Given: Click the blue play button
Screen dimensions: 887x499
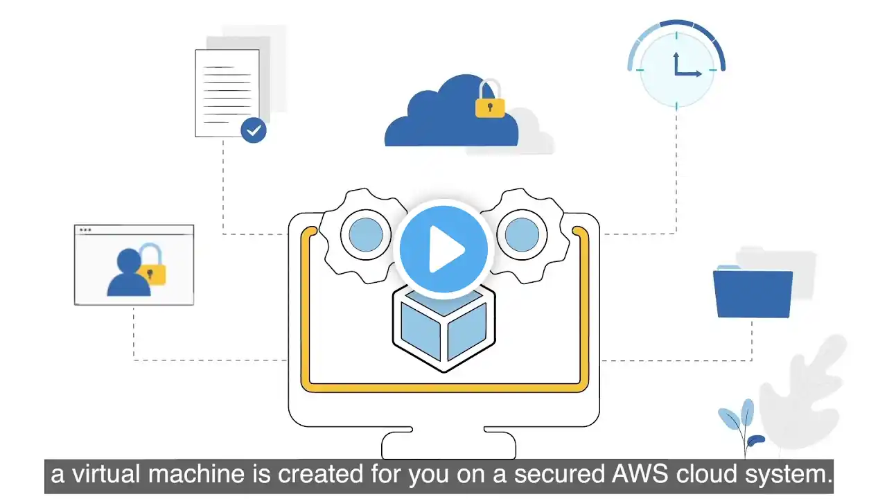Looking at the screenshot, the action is pyautogui.click(x=443, y=249).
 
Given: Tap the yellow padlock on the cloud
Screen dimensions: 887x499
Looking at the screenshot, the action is pyautogui.click(x=490, y=99).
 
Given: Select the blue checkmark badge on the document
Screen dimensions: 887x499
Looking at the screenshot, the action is pyautogui.click(x=254, y=130).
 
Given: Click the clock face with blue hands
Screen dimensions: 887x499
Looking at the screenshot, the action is pyautogui.click(x=676, y=70).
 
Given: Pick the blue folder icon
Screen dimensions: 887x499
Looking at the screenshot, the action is pyautogui.click(x=753, y=293).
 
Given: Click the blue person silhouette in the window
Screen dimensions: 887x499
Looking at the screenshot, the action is pyautogui.click(x=129, y=272).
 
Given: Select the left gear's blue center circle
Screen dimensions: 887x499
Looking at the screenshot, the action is pyautogui.click(x=366, y=235).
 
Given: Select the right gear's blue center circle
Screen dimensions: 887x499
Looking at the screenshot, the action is pyautogui.click(x=522, y=235).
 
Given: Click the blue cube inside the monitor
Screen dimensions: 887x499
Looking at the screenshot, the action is pyautogui.click(x=444, y=329).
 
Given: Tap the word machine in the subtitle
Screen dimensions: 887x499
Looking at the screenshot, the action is pyautogui.click(x=196, y=474).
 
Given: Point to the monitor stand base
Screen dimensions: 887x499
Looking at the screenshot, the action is pyautogui.click(x=448, y=444).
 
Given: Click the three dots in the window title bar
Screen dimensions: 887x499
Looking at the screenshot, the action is pyautogui.click(x=85, y=229).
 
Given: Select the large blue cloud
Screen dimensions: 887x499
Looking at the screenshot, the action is pyautogui.click(x=451, y=113).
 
